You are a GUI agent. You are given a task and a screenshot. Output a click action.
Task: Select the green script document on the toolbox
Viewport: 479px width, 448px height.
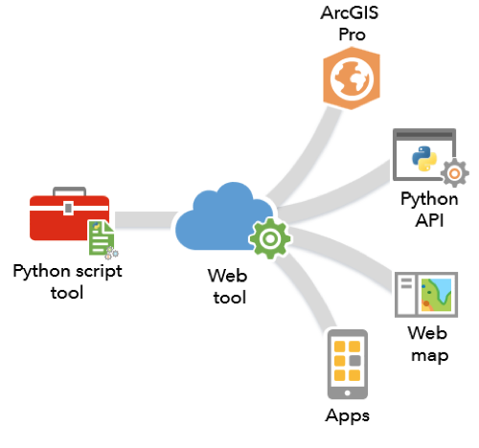coord(102,237)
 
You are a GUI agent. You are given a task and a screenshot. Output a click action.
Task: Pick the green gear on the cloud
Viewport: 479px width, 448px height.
coord(270,238)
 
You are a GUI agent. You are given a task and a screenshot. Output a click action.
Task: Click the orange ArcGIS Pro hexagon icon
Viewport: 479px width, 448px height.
coord(352,78)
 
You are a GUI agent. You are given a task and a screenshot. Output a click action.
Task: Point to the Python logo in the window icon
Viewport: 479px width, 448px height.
coord(424,159)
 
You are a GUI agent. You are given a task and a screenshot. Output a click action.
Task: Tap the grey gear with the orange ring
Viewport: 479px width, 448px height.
coord(455,173)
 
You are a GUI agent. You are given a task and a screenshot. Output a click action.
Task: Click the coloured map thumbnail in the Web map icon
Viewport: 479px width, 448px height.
coord(436,295)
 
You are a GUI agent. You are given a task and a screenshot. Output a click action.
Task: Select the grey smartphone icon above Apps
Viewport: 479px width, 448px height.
coord(348,364)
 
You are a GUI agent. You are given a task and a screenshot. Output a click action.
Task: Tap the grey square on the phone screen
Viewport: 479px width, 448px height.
coord(354,361)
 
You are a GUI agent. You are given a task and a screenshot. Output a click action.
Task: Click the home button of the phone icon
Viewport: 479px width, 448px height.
coord(348,392)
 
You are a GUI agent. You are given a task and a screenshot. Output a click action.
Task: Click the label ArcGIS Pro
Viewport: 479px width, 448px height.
coord(351,24)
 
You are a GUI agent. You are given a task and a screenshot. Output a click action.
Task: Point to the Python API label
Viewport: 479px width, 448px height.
coord(429,210)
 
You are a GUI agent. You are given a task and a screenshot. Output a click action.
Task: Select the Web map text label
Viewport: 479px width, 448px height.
coord(428,345)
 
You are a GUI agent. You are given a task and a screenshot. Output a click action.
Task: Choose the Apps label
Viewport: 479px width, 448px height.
coord(348,415)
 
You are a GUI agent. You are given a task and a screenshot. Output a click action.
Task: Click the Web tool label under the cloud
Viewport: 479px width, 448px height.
coord(228,286)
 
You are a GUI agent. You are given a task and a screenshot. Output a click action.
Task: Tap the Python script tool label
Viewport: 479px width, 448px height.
coord(67,281)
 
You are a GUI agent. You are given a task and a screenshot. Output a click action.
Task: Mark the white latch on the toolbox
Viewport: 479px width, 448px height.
coord(68,208)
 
